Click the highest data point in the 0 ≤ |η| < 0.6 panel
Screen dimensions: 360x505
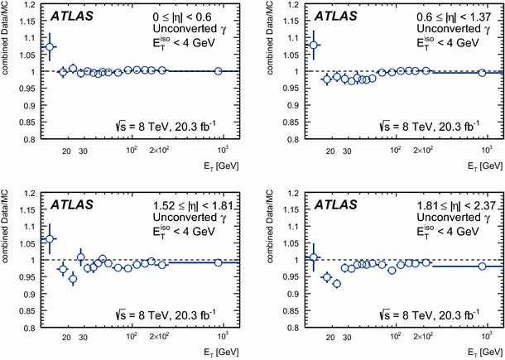(x=50, y=47)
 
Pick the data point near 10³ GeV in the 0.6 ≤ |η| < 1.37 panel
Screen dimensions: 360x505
(x=482, y=73)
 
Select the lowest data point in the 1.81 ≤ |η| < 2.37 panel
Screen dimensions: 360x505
(x=336, y=284)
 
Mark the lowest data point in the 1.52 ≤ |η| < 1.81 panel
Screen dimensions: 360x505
(x=72, y=279)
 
